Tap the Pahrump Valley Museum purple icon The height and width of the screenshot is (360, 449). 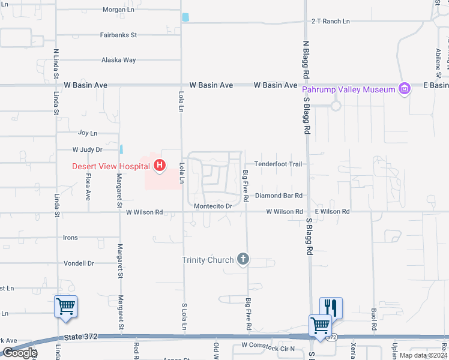pyautogui.click(x=405, y=89)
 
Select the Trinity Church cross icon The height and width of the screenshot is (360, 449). pyautogui.click(x=243, y=259)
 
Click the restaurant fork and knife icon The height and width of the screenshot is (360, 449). pyautogui.click(x=331, y=308)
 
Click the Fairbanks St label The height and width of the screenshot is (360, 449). pyautogui.click(x=118, y=35)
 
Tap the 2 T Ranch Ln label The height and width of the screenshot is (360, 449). pyautogui.click(x=330, y=22)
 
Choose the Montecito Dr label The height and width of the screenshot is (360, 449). pyautogui.click(x=213, y=206)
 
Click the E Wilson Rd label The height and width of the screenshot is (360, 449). pyautogui.click(x=332, y=212)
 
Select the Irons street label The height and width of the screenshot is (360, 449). pyautogui.click(x=70, y=238)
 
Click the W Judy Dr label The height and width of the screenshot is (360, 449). pyautogui.click(x=88, y=149)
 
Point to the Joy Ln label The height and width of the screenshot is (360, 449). pyautogui.click(x=88, y=133)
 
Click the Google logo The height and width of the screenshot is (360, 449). pyautogui.click(x=19, y=353)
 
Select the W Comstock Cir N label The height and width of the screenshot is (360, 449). pyautogui.click(x=268, y=346)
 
